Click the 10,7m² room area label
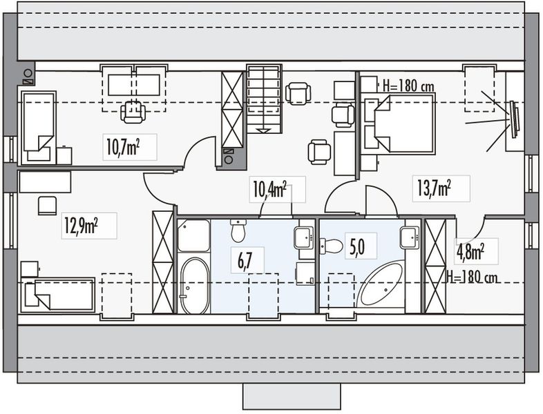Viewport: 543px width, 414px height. pos(131,147)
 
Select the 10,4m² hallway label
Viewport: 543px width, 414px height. pos(270,188)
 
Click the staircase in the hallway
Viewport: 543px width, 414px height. pos(265,98)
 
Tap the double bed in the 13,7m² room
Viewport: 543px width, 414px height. pos(398,124)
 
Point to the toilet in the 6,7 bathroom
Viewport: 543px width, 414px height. pos(238,230)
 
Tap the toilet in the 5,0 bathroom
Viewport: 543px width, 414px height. pos(332,246)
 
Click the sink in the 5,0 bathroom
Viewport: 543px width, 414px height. pos(410,237)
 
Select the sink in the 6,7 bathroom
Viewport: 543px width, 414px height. pos(304,237)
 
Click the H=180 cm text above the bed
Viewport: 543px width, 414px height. pos(408,86)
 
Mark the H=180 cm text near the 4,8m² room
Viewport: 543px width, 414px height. pos(473,278)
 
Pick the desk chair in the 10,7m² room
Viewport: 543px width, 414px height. pos(133,111)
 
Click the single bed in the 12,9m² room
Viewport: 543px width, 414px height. pos(57,295)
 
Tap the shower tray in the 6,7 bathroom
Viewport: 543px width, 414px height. pos(193,235)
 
